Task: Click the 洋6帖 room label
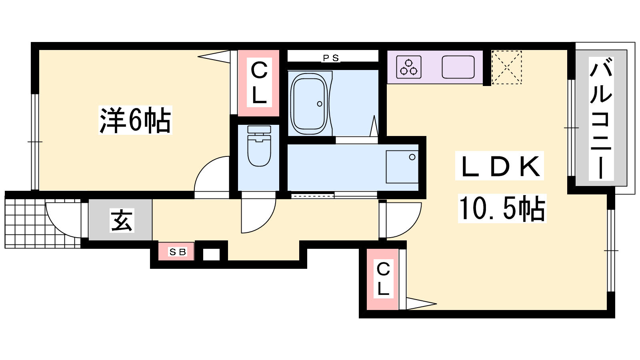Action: coord(135,120)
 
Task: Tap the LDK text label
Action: coord(500,166)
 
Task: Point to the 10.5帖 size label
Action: coord(502,208)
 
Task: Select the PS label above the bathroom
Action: coord(331,58)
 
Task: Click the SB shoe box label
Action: coord(178,252)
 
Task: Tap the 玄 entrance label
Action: coord(122,220)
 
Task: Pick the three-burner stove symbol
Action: coord(409,67)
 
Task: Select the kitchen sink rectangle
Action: coord(458,67)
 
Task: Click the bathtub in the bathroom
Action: coord(309,104)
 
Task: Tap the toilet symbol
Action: coord(259,146)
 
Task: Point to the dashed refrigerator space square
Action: coord(506,68)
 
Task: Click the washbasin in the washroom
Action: coord(402,166)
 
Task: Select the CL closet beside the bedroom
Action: coord(258,83)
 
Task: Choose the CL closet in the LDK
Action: coord(382,279)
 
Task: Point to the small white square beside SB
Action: coord(212,254)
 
